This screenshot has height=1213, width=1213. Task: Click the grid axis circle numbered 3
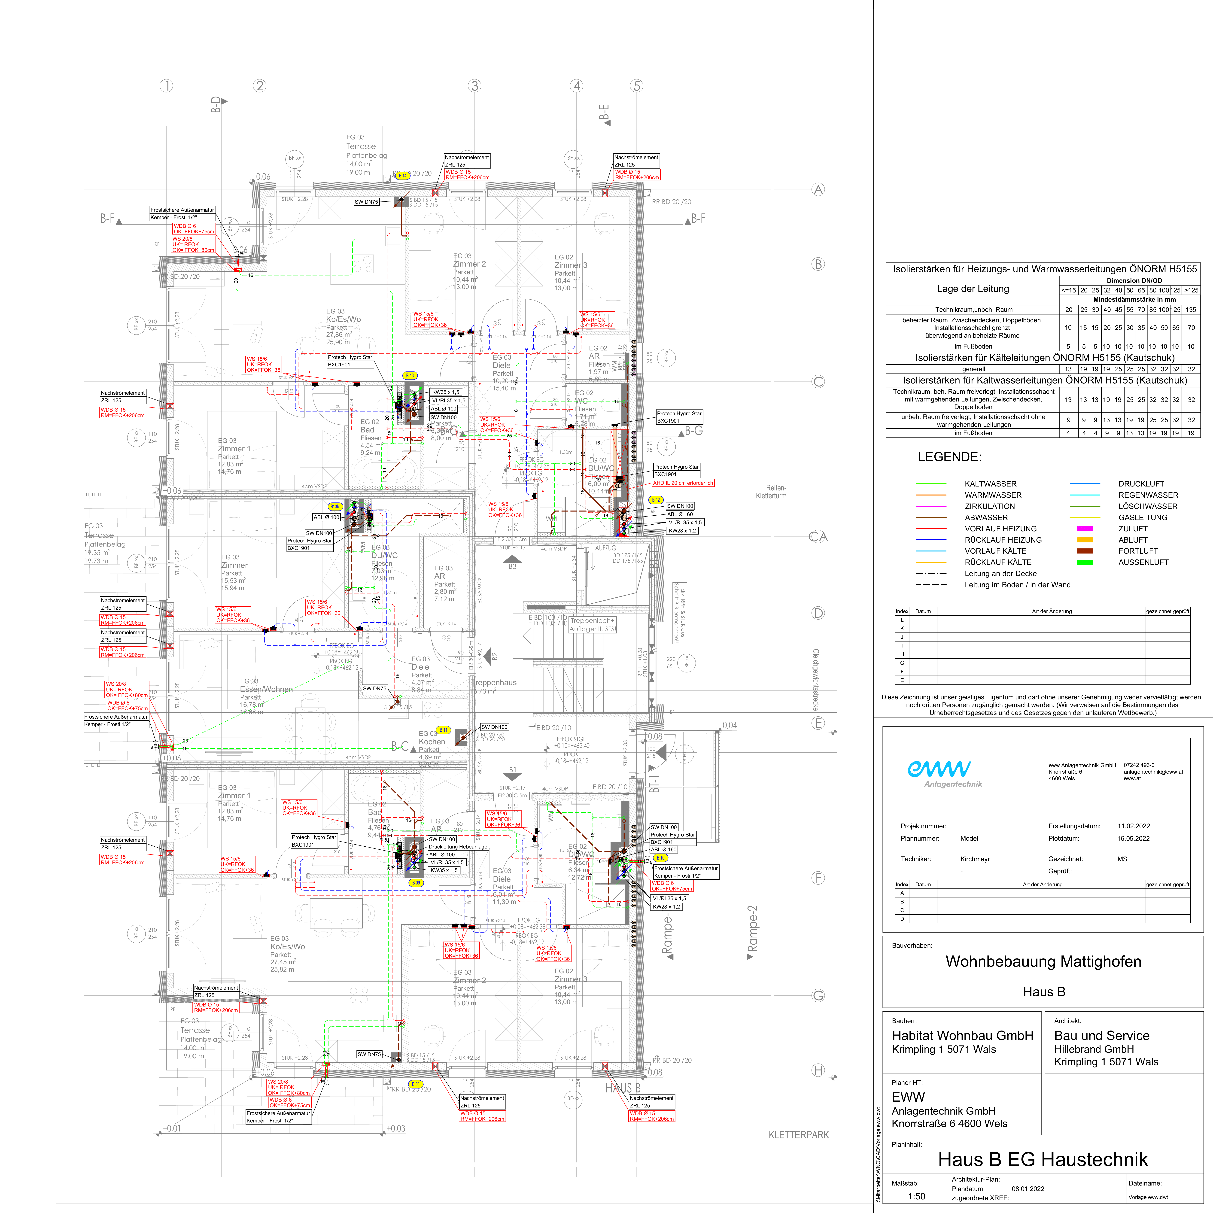click(475, 86)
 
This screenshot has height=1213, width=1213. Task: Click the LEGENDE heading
click(949, 457)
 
